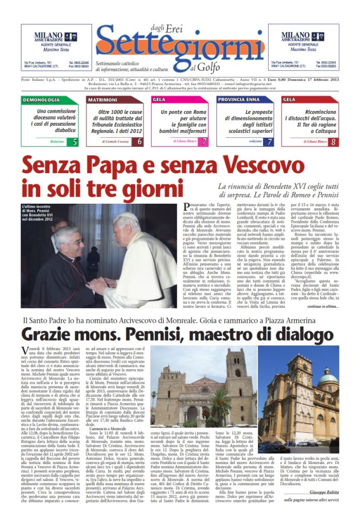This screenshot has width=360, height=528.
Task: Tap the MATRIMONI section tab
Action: tap(103, 99)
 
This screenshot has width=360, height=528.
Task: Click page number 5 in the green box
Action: tap(75, 141)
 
